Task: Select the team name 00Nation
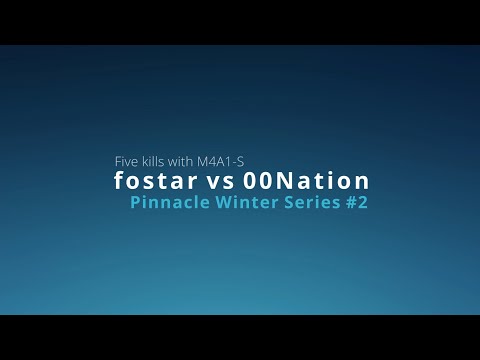tap(307, 182)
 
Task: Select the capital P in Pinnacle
tap(136, 204)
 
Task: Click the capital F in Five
tap(118, 160)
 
